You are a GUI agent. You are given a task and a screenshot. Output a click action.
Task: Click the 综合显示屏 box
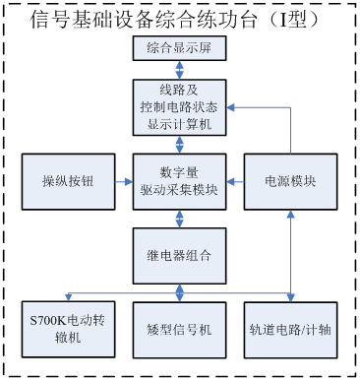tap(179, 49)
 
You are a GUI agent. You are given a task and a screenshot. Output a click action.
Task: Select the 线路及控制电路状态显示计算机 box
tap(179, 107)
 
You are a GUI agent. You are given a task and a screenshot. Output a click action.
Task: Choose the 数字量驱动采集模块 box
tap(179, 181)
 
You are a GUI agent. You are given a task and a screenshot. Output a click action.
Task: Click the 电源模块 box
tap(290, 181)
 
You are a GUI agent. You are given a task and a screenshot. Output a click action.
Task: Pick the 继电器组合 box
tap(179, 254)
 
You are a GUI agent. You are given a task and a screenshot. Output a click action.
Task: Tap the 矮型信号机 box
tap(179, 329)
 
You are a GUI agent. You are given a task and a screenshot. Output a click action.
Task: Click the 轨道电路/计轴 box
tap(290, 329)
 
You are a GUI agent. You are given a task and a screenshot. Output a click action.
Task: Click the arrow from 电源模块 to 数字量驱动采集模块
tap(234, 181)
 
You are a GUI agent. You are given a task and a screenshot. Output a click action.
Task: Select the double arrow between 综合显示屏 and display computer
tap(179, 70)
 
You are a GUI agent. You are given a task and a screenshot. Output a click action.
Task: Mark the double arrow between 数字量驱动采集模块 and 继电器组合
tap(179, 218)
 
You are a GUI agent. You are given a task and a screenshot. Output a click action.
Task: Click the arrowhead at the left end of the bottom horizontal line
tap(67, 294)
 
